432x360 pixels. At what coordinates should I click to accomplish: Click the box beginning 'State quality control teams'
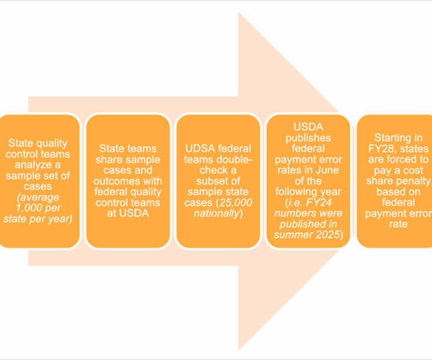[x=39, y=181]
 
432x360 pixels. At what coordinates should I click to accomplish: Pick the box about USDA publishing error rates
[x=308, y=181]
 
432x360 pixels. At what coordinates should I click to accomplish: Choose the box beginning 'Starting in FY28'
[x=396, y=181]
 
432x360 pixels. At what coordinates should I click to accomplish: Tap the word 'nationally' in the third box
[x=218, y=214]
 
